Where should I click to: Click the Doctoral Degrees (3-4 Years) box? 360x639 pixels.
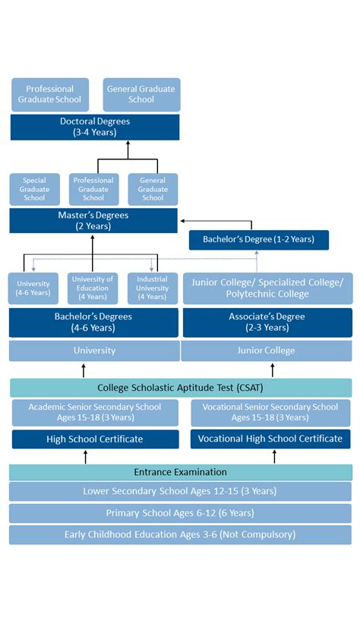(x=95, y=127)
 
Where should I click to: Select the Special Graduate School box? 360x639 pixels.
(x=35, y=189)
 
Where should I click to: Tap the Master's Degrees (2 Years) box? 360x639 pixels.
(x=93, y=221)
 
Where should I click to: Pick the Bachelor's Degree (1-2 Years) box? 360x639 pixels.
(x=259, y=240)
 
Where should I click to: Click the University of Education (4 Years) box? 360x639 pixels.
(x=93, y=288)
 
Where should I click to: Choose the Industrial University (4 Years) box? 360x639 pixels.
(x=153, y=288)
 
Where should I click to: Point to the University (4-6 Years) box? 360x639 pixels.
(x=33, y=288)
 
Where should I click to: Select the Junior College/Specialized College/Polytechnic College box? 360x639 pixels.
(x=268, y=288)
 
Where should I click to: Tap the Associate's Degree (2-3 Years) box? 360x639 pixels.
(x=267, y=323)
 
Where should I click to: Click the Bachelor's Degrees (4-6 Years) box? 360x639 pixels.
(x=93, y=323)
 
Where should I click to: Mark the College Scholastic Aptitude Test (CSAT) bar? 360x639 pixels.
(x=181, y=388)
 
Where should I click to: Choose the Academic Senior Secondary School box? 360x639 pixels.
(x=95, y=412)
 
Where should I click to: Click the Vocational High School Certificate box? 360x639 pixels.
(x=270, y=439)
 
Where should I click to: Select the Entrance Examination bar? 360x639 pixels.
(x=181, y=472)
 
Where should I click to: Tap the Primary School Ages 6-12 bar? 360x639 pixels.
(x=180, y=513)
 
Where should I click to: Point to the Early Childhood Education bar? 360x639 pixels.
(x=180, y=535)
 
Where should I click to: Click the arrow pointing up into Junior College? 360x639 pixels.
(x=273, y=370)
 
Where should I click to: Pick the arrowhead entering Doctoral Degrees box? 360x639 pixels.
(x=128, y=143)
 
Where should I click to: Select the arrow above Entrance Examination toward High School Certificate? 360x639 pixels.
(x=86, y=456)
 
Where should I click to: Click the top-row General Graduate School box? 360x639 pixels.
(x=141, y=95)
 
